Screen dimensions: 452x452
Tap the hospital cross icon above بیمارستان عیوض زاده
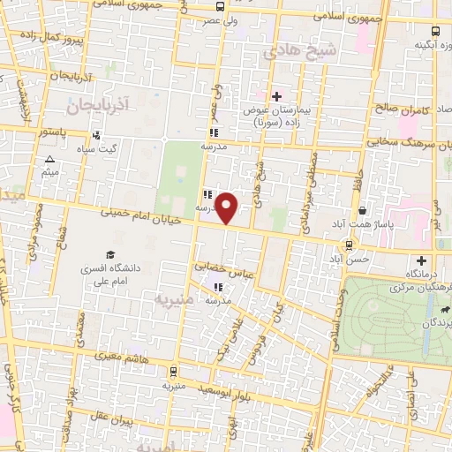(276, 96)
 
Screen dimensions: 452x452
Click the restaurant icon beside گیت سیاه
(95, 136)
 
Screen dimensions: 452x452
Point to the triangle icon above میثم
(49, 160)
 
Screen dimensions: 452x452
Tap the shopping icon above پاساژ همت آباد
(363, 211)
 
